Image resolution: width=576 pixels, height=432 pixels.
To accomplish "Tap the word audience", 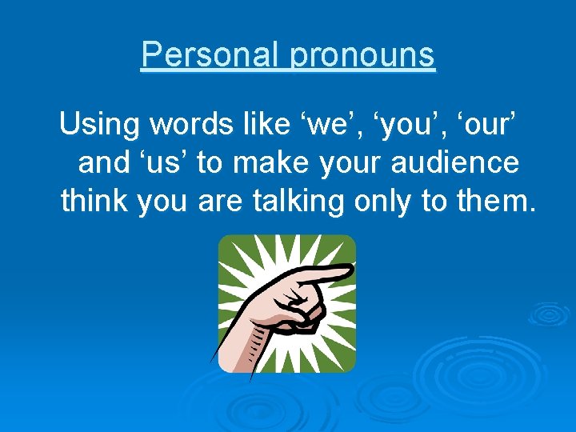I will pos(456,163).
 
